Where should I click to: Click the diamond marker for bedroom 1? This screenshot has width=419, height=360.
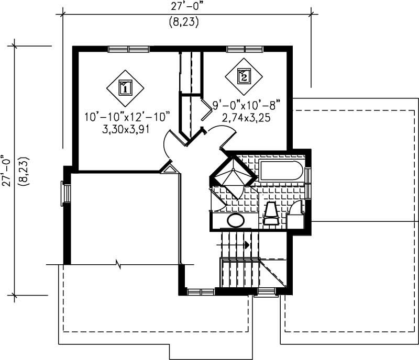click(125, 87)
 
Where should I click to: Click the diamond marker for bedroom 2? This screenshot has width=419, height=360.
click(243, 76)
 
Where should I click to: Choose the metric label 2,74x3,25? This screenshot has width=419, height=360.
click(246, 118)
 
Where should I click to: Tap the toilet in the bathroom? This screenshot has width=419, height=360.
click(271, 213)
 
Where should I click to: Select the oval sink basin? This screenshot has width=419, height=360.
click(236, 220)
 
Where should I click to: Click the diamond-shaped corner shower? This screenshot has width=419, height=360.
click(229, 175)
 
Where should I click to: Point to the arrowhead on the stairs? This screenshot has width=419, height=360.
click(247, 244)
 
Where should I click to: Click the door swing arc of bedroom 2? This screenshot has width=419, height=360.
click(220, 133)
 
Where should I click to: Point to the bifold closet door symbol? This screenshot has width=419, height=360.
click(207, 110)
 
